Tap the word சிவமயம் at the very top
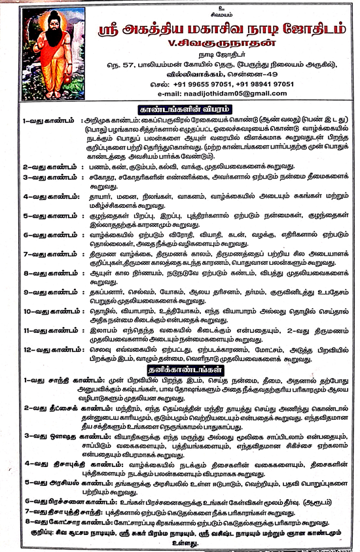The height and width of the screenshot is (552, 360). (179, 9)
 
